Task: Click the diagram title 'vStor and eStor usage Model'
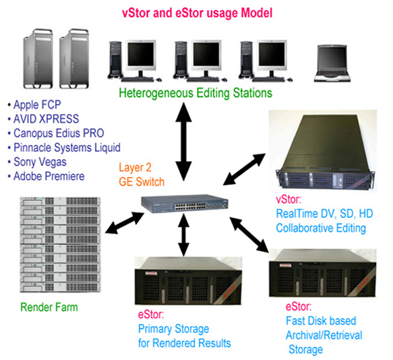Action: [197, 13]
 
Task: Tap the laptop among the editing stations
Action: [332, 63]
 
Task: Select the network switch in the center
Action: [185, 204]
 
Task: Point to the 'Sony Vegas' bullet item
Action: [37, 162]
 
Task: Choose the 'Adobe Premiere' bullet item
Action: [46, 176]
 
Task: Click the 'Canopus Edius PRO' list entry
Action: [56, 134]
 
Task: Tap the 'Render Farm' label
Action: [49, 307]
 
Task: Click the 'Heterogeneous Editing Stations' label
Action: [195, 93]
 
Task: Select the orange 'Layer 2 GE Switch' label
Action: [141, 175]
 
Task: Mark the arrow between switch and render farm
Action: [124, 223]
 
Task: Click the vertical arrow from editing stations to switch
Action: [183, 141]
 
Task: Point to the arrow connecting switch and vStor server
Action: [244, 170]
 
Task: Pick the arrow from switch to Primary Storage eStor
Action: [183, 235]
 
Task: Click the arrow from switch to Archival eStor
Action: [249, 234]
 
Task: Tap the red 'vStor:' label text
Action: [288, 200]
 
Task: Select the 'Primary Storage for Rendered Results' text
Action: [185, 336]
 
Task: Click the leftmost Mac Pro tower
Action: [38, 59]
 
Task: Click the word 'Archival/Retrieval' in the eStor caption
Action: [324, 335]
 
